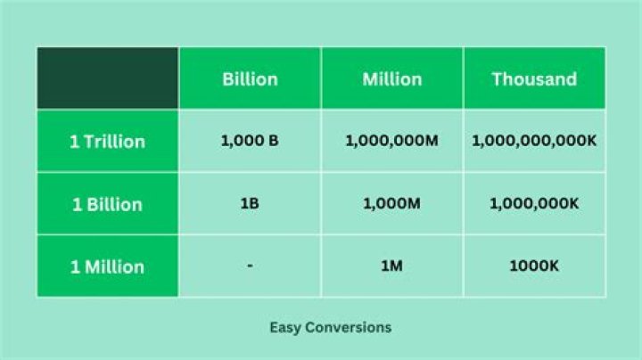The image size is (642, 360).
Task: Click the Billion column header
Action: (x=250, y=79)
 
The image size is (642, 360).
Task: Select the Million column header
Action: (x=391, y=79)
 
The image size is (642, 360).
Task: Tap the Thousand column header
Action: (x=534, y=79)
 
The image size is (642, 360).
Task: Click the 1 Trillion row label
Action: (x=107, y=142)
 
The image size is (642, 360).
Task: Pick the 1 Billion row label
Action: (x=107, y=204)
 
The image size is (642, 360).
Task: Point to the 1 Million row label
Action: (x=107, y=266)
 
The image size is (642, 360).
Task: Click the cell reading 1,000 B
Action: (x=250, y=141)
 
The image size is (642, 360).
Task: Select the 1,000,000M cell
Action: (x=391, y=141)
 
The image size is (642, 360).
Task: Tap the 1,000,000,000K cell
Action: (x=534, y=141)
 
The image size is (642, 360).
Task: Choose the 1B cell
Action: (x=250, y=203)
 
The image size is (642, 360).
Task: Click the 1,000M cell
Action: (x=391, y=203)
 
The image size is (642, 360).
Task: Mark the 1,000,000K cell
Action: (x=534, y=203)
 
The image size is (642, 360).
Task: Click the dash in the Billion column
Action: (x=250, y=266)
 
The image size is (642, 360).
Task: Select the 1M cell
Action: (x=391, y=266)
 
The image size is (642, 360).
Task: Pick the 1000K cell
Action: (x=534, y=266)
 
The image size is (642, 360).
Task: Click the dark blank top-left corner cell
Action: (x=108, y=78)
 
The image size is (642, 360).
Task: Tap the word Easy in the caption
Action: (x=285, y=327)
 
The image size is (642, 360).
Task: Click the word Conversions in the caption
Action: (x=349, y=327)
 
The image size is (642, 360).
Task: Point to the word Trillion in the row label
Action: (x=115, y=142)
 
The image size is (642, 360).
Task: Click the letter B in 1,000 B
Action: (x=273, y=141)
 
